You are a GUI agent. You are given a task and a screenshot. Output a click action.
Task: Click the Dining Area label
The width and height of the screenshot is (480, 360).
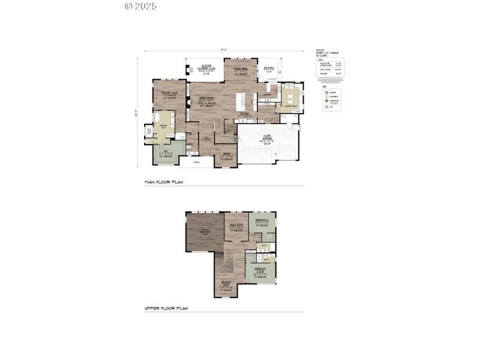coord(241,70)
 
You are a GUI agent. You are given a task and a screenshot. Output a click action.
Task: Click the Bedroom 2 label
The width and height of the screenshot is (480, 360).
coord(262,222)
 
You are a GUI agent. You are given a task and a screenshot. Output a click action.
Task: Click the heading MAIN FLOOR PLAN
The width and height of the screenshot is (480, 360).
coord(163,181)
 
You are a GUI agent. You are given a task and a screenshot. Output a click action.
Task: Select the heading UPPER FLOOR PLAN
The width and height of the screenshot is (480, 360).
coord(166,308)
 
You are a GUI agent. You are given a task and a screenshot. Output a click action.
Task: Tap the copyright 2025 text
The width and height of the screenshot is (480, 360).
coord(141,6)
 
